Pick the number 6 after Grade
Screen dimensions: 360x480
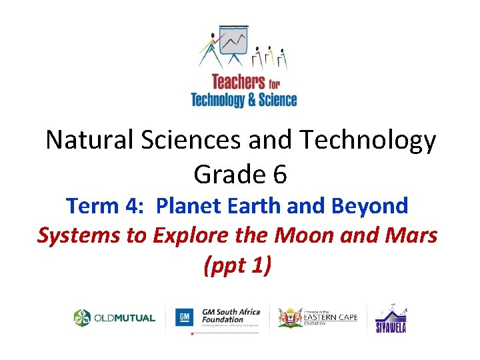[x=279, y=175]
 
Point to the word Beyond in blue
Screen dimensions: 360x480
[x=375, y=207]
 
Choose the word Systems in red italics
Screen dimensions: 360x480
[x=75, y=236]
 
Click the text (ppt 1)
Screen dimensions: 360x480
[x=237, y=265]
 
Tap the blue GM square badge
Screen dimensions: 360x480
[x=184, y=317]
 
